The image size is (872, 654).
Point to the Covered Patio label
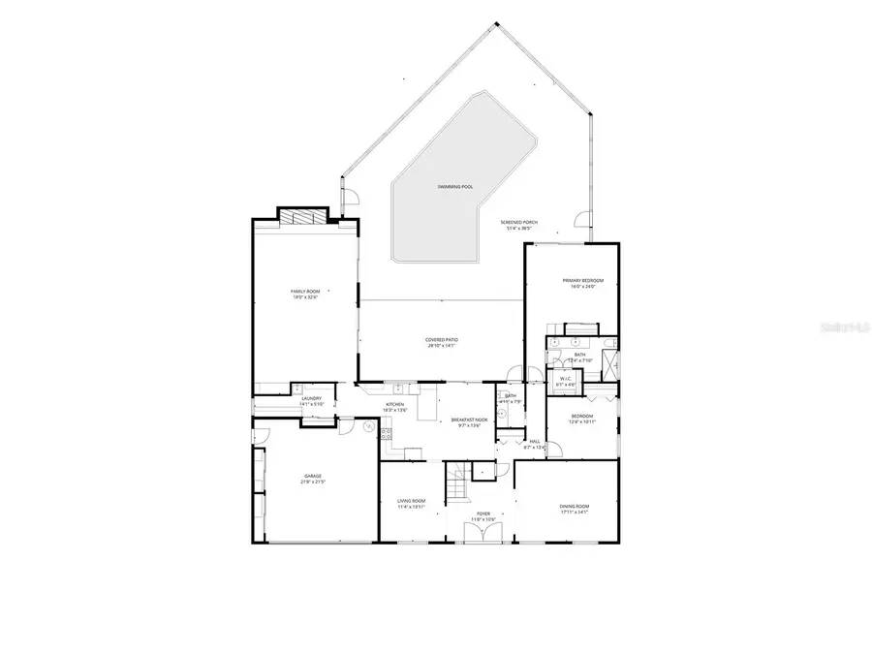441,339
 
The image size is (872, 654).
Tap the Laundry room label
311,398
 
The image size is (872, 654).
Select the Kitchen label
395,404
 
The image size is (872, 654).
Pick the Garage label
313,476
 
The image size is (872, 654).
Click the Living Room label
412,501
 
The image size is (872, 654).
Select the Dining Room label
574,506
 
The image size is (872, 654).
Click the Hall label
534,441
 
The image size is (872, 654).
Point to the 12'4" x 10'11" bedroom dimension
580,421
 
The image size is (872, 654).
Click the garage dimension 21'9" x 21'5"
313,482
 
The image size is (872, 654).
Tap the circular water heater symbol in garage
369,425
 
